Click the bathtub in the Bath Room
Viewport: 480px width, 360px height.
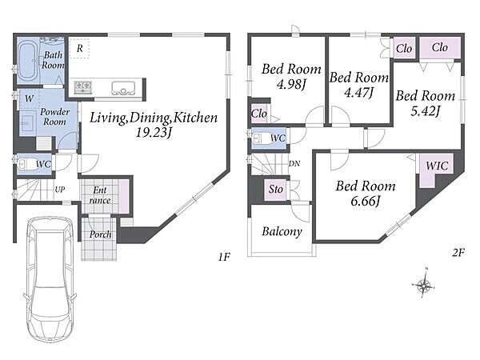pyautogui.click(x=27, y=62)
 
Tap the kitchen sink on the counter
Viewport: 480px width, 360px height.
pyautogui.click(x=123, y=88)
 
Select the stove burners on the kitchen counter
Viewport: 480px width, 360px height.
pyautogui.click(x=83, y=87)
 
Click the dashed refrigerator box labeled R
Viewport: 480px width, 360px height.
pyautogui.click(x=79, y=48)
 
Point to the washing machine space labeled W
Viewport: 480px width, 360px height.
pyautogui.click(x=29, y=98)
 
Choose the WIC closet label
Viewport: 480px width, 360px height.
pyautogui.click(x=437, y=166)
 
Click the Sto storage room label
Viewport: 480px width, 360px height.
pyautogui.click(x=275, y=189)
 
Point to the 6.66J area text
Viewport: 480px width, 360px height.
pyautogui.click(x=366, y=202)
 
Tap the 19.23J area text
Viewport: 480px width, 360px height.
pyautogui.click(x=153, y=133)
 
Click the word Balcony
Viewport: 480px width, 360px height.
pyautogui.click(x=282, y=232)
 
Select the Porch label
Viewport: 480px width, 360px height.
pyautogui.click(x=100, y=234)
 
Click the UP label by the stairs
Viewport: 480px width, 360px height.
pyautogui.click(x=60, y=190)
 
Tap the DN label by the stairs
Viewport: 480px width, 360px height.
pyautogui.click(x=294, y=164)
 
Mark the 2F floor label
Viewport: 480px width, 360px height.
pyautogui.click(x=458, y=253)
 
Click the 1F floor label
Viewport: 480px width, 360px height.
pyautogui.click(x=224, y=257)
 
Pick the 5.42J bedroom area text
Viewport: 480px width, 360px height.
pyautogui.click(x=426, y=111)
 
